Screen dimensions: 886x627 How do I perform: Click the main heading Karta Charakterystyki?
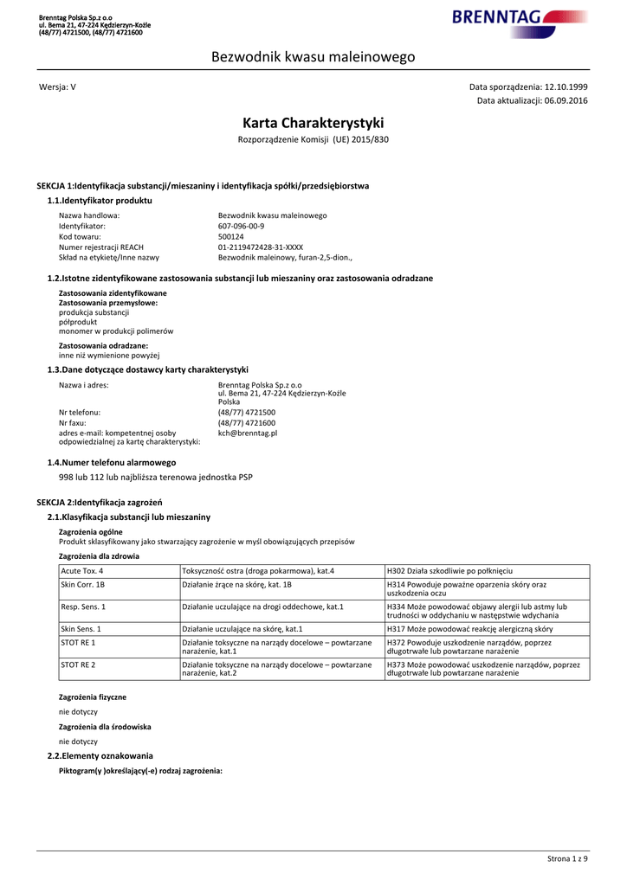coord(313,123)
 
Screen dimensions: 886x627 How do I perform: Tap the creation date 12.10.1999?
coord(566,87)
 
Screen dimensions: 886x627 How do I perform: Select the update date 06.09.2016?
coord(566,101)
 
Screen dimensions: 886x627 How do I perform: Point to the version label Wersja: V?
coord(58,87)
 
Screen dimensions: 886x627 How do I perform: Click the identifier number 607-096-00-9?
coord(242,226)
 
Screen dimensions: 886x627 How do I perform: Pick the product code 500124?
coord(231,236)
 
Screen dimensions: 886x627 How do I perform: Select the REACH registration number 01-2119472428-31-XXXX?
coord(261,247)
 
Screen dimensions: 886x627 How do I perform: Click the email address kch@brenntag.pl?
coord(248,433)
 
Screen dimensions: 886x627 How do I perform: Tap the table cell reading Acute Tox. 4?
coord(82,571)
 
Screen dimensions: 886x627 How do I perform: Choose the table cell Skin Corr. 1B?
coord(83,585)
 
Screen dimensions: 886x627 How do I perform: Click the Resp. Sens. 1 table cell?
coord(83,607)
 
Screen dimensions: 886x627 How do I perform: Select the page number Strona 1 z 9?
coord(567,858)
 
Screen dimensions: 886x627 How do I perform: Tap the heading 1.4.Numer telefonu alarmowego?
coord(111,462)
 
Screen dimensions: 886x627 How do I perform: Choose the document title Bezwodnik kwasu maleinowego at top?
coord(313,57)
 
